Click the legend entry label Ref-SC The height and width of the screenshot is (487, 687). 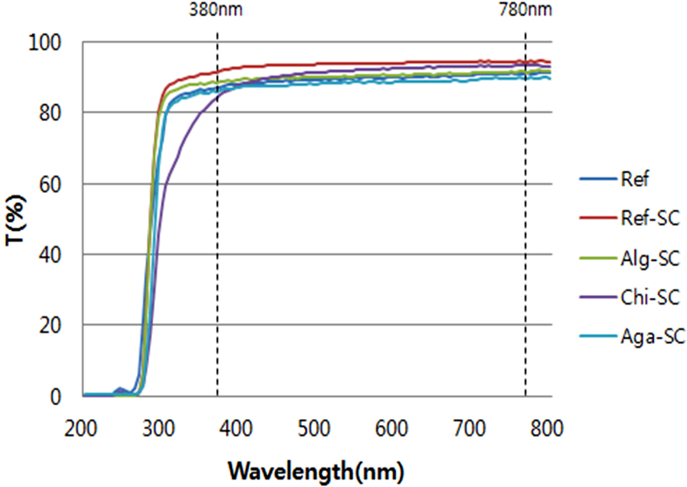click(x=650, y=218)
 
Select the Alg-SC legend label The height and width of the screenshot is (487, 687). click(x=650, y=258)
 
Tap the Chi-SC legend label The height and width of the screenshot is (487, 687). click(x=650, y=297)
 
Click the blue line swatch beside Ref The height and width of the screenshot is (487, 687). click(x=598, y=179)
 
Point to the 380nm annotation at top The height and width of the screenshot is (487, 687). click(x=215, y=9)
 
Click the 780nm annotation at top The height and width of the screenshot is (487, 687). click(x=526, y=9)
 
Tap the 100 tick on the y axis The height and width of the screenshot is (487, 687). click(x=45, y=42)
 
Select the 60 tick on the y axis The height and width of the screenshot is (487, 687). click(x=50, y=184)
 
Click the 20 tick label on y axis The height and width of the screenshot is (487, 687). click(x=50, y=325)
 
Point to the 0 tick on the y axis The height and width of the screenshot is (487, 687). click(x=55, y=397)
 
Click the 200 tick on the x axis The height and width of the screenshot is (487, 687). click(x=81, y=428)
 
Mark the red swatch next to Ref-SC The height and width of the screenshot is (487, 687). click(x=598, y=218)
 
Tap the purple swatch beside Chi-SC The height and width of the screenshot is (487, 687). click(x=598, y=297)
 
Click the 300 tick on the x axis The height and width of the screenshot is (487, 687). click(x=159, y=428)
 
